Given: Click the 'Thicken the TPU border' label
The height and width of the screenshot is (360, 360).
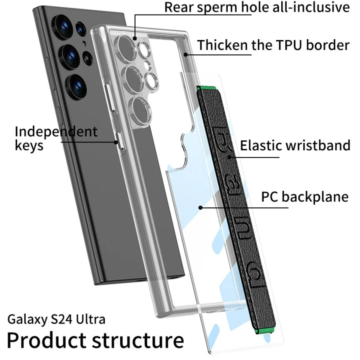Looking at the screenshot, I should (273, 45).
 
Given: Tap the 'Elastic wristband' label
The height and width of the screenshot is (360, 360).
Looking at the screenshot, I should (295, 145).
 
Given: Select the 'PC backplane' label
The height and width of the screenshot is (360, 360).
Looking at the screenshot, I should (304, 197).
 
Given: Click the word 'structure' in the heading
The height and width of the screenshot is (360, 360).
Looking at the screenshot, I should (138, 340).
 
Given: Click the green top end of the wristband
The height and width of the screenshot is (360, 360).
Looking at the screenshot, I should (207, 88).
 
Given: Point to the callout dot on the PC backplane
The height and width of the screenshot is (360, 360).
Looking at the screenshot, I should (200, 207).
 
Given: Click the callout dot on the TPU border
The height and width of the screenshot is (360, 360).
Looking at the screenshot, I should (186, 54).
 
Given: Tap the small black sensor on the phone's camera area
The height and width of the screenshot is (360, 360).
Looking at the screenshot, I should (88, 57).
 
